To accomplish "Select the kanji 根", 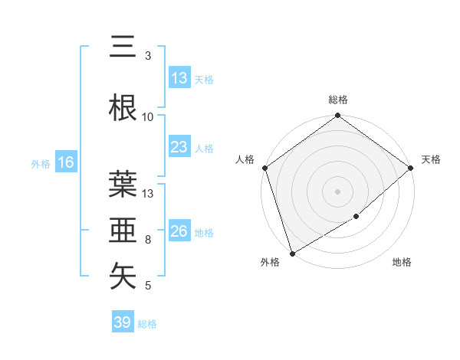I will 123,106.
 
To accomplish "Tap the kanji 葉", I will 123,184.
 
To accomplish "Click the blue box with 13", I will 179,78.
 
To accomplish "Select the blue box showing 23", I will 179,148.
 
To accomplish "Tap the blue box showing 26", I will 179,231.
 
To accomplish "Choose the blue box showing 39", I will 123,322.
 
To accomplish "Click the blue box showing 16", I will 65,162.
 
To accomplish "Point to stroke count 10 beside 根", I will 148,116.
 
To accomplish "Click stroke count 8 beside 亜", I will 148,240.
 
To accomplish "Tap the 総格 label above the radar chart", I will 338,100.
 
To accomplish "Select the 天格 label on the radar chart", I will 431,159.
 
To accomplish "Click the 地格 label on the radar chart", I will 402,263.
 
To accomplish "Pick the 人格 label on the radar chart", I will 245,159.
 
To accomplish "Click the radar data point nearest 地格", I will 356,217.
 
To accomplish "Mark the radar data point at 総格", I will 338,116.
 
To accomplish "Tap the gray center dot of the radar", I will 338,191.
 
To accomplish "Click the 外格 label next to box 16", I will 41,163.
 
